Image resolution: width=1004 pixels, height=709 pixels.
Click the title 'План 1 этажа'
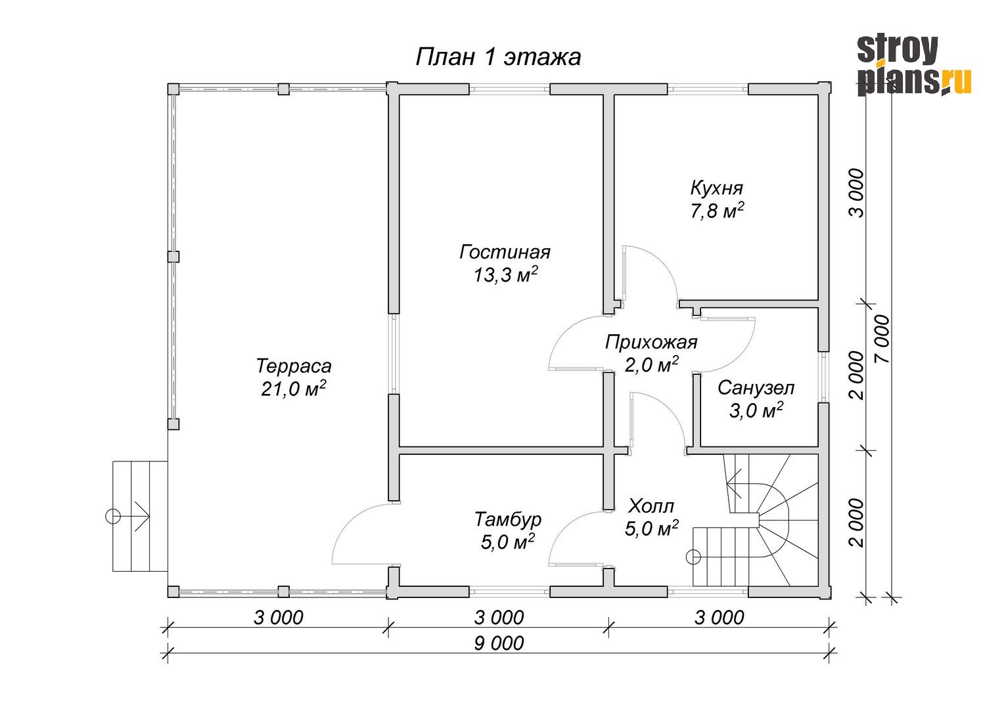coord(498,58)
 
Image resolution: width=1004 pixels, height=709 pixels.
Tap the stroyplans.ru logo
coord(914,66)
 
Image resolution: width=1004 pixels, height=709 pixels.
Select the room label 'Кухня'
coord(717,188)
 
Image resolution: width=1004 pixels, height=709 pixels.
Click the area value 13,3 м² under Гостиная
coord(505,274)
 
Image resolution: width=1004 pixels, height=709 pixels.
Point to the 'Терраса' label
coord(294,366)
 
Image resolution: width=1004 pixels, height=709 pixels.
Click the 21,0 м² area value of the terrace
coord(293,389)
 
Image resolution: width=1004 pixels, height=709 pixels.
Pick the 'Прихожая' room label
coord(651,343)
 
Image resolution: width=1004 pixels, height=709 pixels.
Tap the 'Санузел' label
coord(756,388)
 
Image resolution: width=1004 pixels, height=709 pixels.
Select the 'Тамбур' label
coord(508,519)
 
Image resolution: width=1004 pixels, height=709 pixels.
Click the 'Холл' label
coord(650,506)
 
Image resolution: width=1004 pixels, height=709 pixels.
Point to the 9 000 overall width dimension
coord(499,643)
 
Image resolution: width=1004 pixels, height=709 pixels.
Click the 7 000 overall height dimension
coord(882,339)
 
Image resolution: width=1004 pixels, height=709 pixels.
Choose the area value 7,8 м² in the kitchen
coord(717,211)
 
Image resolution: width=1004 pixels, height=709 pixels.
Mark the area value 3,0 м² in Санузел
coord(756,410)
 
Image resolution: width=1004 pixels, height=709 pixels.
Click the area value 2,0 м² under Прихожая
coord(651,364)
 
